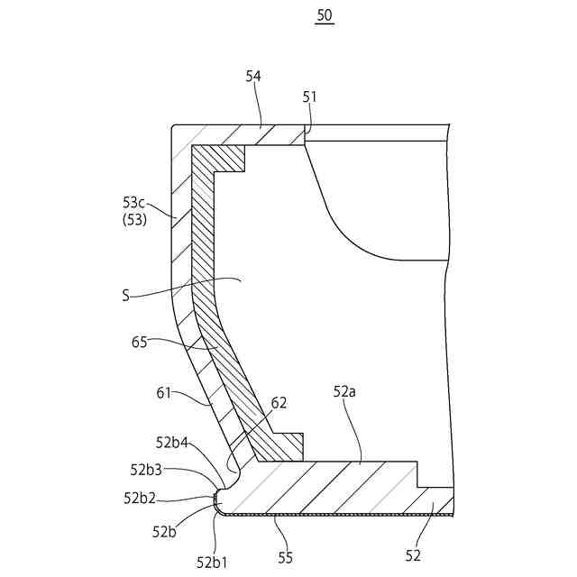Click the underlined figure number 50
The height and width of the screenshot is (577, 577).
point(325,16)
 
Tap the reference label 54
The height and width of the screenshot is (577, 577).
point(253,77)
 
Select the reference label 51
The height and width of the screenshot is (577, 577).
point(310,96)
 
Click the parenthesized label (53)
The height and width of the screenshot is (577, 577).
point(134,219)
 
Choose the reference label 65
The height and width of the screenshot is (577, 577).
point(139,342)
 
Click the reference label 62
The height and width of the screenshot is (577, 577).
point(279,402)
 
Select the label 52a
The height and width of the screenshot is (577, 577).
point(346,391)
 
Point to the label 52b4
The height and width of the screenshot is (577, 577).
point(171,442)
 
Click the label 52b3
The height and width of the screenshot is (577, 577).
point(145,469)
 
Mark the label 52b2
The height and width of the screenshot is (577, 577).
point(139,497)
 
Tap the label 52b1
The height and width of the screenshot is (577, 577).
point(211,562)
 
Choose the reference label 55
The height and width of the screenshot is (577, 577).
point(285,557)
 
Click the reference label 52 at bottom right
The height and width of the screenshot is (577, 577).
point(413,555)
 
